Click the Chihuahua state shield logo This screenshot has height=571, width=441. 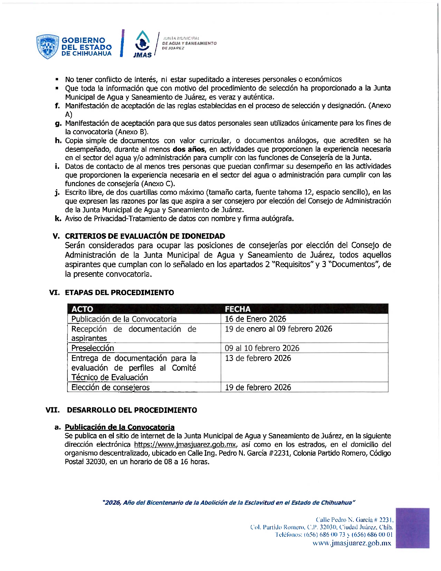[x=47, y=46]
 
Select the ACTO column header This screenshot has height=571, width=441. [x=82, y=309]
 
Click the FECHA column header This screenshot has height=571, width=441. [x=238, y=309]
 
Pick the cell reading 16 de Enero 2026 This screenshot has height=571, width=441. [x=256, y=319]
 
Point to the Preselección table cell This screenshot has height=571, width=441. [x=93, y=348]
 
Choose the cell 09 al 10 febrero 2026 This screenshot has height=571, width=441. [x=262, y=348]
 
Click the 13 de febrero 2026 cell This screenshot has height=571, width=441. [x=258, y=358]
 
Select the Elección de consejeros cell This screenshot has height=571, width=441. [x=110, y=387]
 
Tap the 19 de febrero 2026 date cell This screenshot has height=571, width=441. [x=258, y=387]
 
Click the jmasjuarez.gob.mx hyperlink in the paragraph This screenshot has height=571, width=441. [x=185, y=445]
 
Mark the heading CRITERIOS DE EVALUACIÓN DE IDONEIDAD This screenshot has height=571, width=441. [x=145, y=236]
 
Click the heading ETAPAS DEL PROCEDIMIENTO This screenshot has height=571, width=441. [x=119, y=293]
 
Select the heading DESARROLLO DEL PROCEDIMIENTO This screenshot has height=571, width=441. [x=132, y=410]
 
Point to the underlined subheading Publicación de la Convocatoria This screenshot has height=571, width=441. [x=120, y=427]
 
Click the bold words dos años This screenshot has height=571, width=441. [x=189, y=149]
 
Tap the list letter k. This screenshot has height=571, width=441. [x=58, y=219]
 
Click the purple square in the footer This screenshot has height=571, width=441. [x=412, y=528]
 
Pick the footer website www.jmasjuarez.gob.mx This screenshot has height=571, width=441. [x=352, y=543]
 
